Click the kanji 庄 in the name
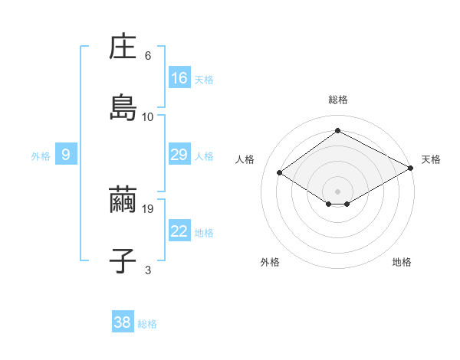123,47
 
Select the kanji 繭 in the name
123,199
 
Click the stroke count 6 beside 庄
148,55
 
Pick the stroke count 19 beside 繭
149,208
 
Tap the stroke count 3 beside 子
148,270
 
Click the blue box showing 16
179,78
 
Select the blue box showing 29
179,155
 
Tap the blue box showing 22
179,231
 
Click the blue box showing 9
66,155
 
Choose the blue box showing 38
123,322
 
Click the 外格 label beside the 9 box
41,155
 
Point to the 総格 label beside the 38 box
147,324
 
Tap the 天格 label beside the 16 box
204,79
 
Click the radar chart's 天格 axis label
431,159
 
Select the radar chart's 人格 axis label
245,159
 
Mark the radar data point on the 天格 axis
412,167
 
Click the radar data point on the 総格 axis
337,130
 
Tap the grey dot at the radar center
337,190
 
